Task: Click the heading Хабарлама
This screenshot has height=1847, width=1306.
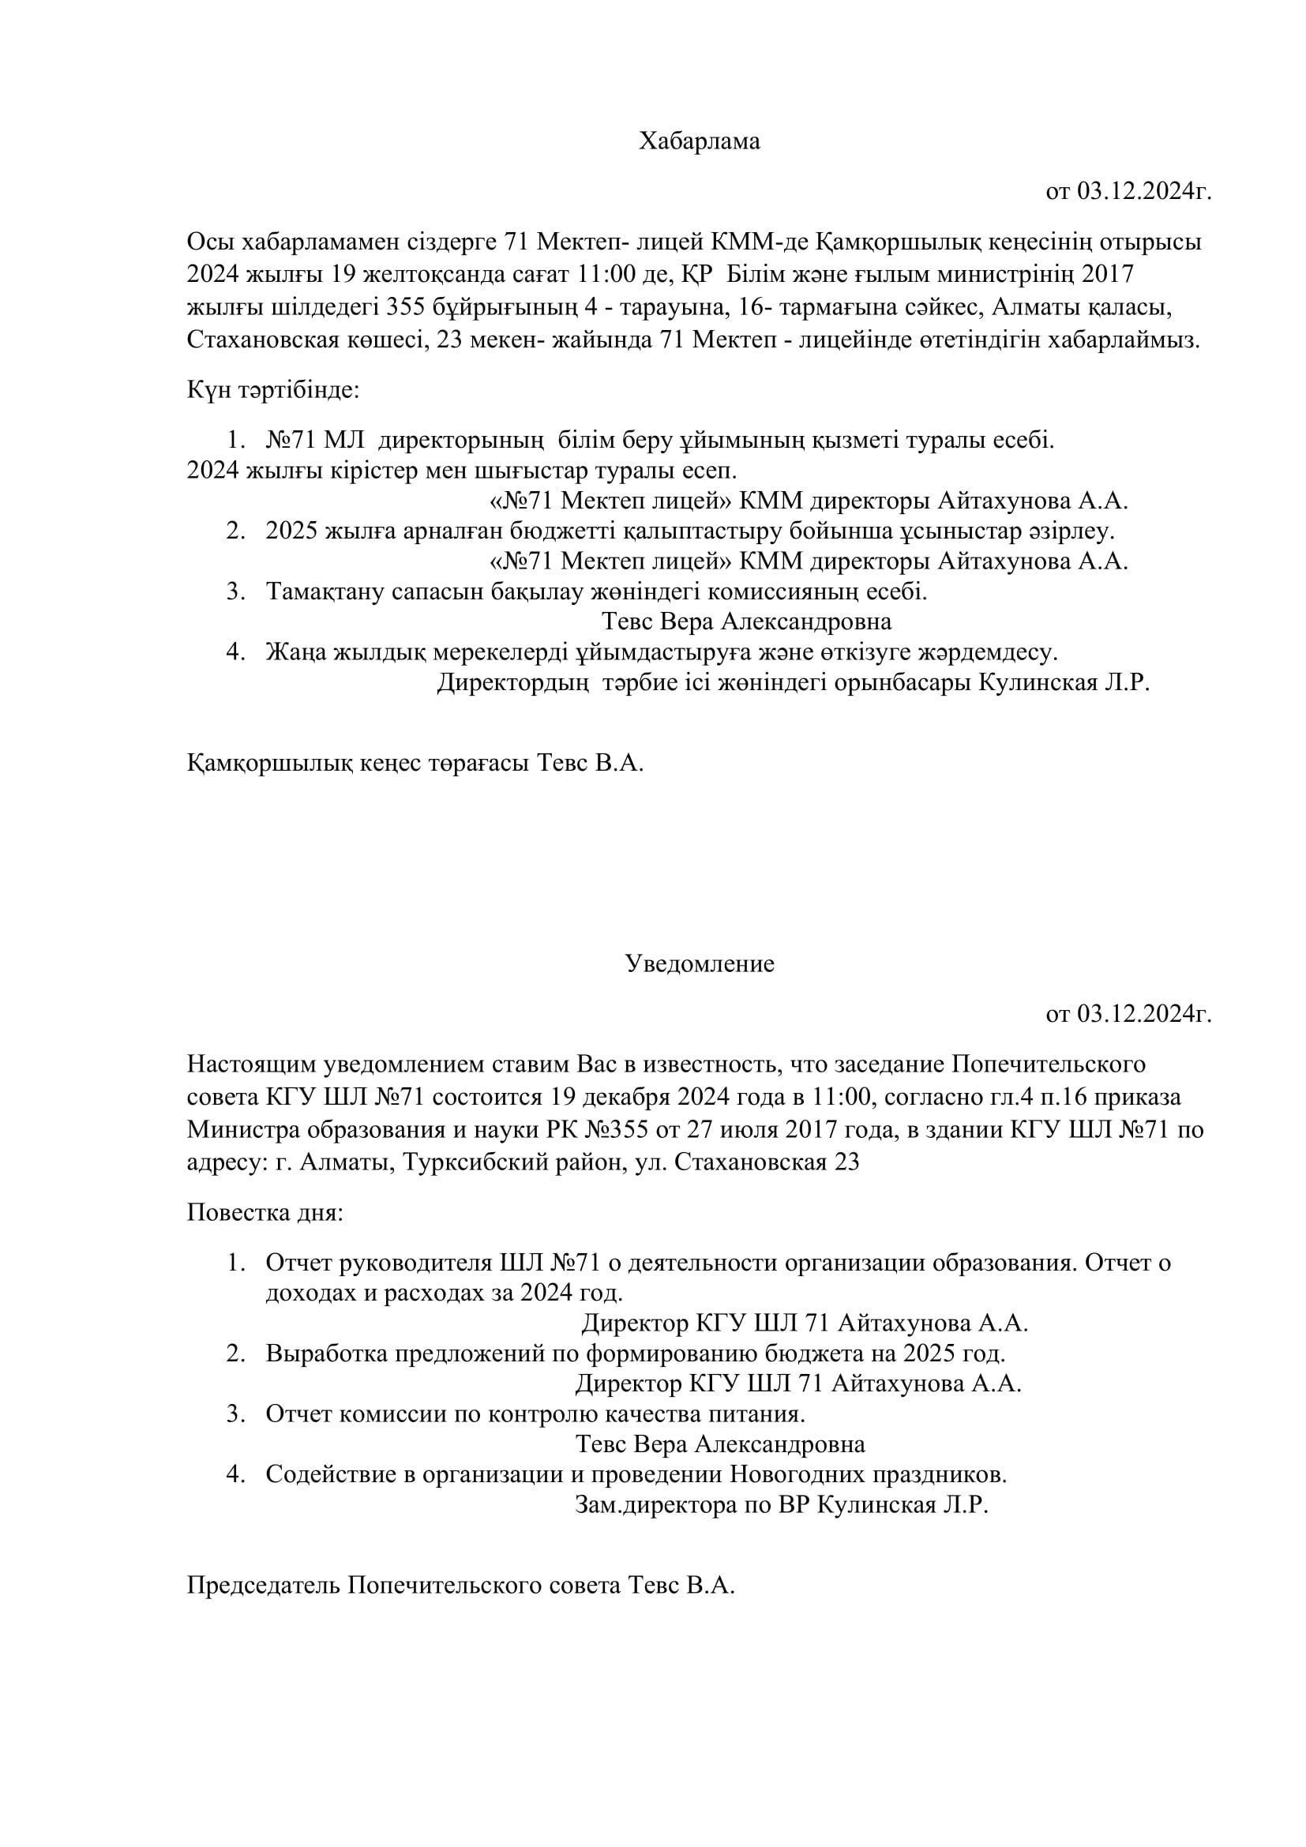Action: click(699, 141)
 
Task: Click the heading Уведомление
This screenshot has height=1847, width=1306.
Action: click(699, 963)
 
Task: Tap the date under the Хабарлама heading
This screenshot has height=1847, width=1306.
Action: click(1128, 191)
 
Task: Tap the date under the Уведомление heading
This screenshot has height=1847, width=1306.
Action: click(1128, 1014)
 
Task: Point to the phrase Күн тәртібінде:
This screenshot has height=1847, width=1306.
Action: click(272, 392)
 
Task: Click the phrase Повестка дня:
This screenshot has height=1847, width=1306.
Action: click(265, 1213)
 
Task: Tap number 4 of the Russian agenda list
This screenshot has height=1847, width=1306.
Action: click(235, 1474)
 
